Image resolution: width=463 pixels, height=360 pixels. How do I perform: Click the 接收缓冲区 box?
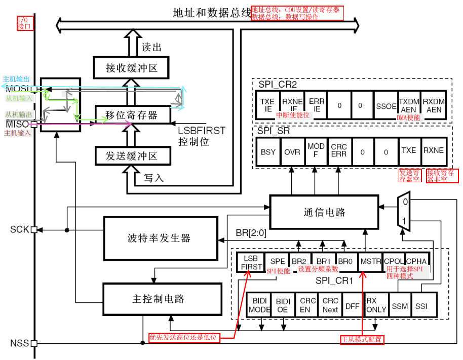point(131,67)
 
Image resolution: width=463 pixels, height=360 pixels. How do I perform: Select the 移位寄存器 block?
point(131,115)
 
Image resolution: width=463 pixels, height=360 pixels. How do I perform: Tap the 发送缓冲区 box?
point(131,156)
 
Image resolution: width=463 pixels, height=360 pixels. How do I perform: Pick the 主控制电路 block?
point(162,299)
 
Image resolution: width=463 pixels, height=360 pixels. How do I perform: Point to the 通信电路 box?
point(324,212)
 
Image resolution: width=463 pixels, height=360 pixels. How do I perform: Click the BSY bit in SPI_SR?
point(268,151)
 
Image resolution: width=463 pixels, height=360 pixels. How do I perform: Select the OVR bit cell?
point(292,151)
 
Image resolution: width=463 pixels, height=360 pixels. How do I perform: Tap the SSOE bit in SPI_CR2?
point(386,105)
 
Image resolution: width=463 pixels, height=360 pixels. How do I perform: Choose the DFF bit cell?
point(353,306)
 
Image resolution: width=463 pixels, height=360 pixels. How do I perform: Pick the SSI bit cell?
point(421,306)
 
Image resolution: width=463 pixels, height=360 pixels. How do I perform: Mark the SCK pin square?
point(34,230)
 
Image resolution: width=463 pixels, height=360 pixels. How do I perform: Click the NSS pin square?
point(34,343)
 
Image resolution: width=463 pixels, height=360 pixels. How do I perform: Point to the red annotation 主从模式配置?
point(362,340)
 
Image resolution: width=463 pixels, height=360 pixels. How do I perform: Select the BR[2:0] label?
point(251,233)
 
